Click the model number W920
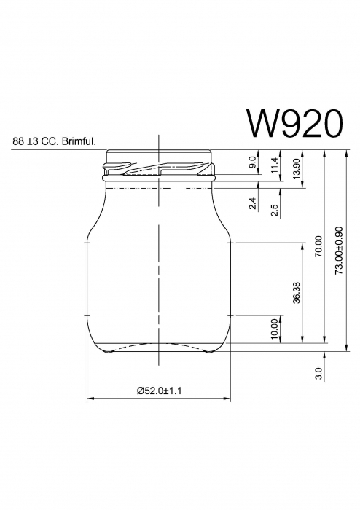click(x=294, y=124)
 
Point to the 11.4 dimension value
click(x=274, y=165)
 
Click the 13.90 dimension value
click(x=295, y=168)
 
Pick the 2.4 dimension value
click(x=252, y=204)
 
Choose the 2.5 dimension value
click(x=274, y=210)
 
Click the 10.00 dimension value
click(x=274, y=329)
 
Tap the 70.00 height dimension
click(x=318, y=246)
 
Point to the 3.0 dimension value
click(x=318, y=374)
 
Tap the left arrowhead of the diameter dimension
click(x=90, y=399)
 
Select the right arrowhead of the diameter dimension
click(x=227, y=399)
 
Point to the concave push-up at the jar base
click(x=159, y=345)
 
